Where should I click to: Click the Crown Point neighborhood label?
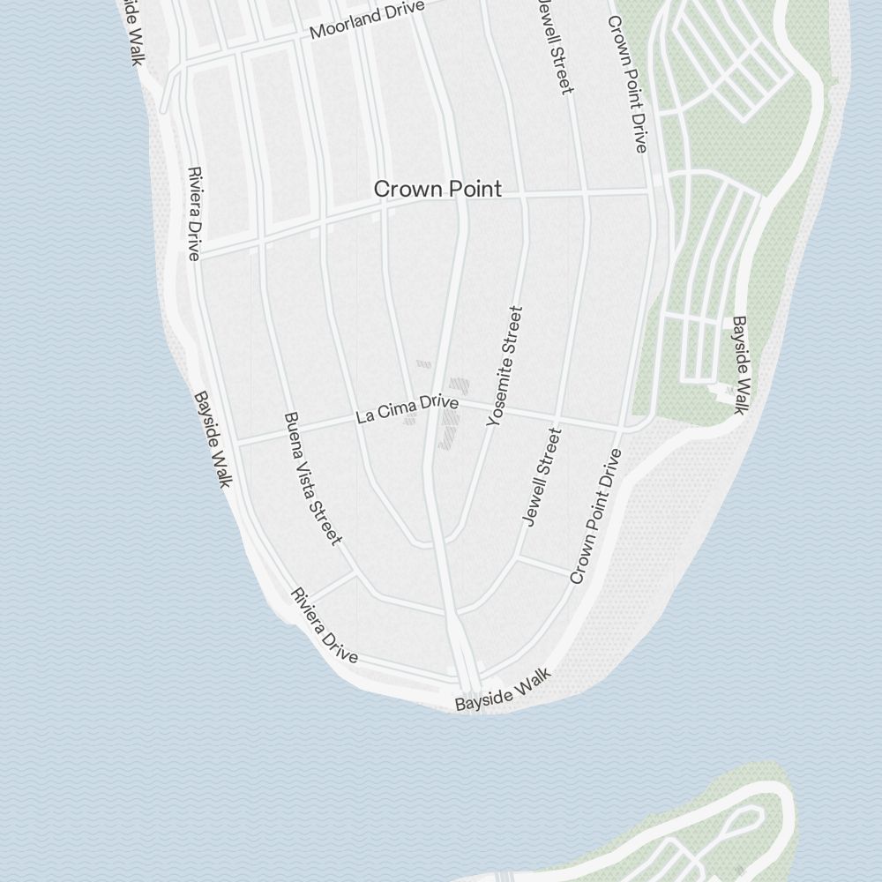pyautogui.click(x=437, y=189)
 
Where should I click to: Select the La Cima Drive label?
pyautogui.click(x=407, y=409)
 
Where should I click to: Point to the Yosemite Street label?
pyautogui.click(x=505, y=366)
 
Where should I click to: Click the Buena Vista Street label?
pyautogui.click(x=312, y=477)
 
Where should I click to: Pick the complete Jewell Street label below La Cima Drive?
pyautogui.click(x=542, y=476)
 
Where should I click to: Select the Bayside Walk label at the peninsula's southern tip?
pyautogui.click(x=503, y=690)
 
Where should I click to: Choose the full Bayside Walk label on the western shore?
pyautogui.click(x=213, y=438)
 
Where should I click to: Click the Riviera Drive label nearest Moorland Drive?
pyautogui.click(x=194, y=213)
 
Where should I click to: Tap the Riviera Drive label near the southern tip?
pyautogui.click(x=325, y=625)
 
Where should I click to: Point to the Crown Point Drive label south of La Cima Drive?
pyautogui.click(x=596, y=516)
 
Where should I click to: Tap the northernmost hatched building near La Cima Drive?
pyautogui.click(x=424, y=363)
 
